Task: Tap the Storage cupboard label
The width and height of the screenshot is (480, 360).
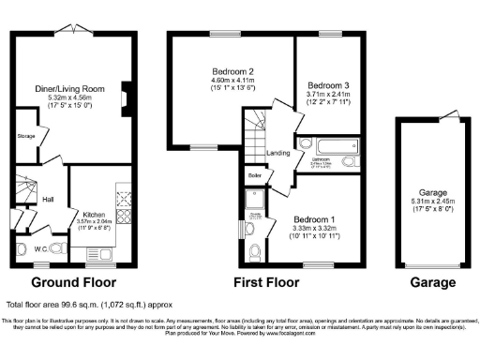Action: (26, 137)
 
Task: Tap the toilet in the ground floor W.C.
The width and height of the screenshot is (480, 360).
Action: (23, 249)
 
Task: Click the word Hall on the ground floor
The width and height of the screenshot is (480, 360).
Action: (48, 199)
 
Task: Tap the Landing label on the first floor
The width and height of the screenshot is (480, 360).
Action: (277, 154)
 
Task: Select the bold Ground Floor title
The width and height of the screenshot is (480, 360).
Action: (73, 281)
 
